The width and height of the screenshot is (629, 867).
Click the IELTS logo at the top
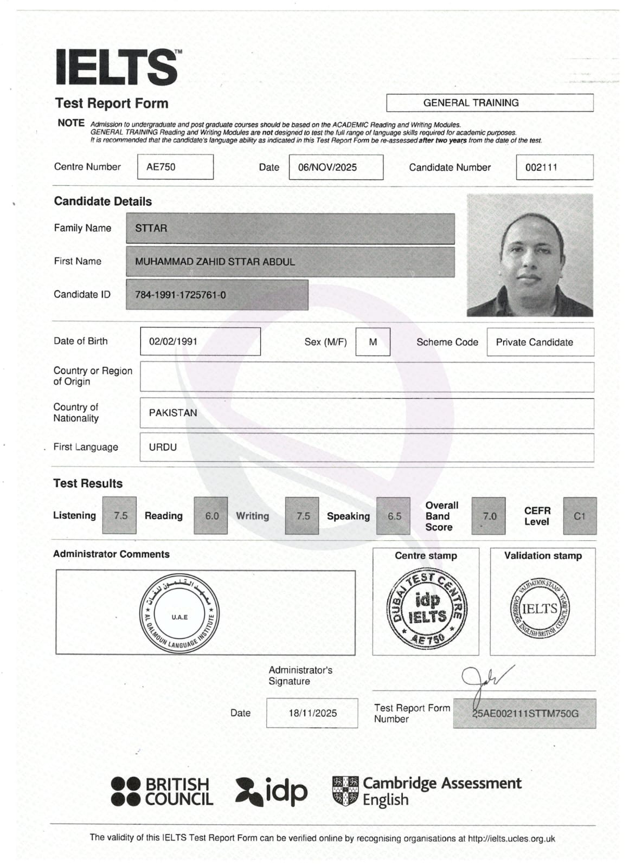pos(117,67)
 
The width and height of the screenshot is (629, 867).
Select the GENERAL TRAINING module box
pos(489,103)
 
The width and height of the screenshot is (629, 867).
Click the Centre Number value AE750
pos(175,167)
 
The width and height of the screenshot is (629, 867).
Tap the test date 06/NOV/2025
pos(335,167)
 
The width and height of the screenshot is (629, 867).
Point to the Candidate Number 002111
pos(554,167)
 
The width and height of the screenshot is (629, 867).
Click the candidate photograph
pos(529,255)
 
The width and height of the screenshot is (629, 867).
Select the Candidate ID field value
pos(217,295)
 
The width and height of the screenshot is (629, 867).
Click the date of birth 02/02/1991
pos(200,342)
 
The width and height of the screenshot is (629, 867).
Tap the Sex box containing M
pos(373,342)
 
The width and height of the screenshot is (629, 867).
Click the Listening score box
pos(120,516)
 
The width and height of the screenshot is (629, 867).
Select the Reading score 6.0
pos(211,516)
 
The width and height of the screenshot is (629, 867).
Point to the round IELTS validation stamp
pos(540,609)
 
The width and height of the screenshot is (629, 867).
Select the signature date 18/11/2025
pos(312,713)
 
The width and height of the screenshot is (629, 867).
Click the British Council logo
pos(162,792)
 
